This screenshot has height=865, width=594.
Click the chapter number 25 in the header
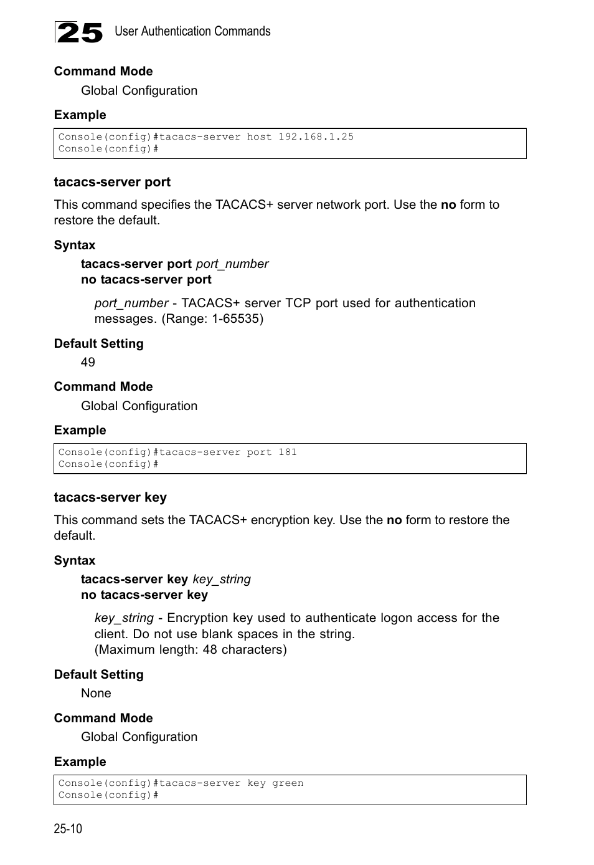click(79, 32)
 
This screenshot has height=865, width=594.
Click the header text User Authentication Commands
click(192, 31)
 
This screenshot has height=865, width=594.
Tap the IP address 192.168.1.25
click(316, 136)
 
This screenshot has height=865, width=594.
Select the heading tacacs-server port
click(112, 182)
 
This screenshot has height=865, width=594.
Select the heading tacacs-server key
click(110, 497)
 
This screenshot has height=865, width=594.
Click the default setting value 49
click(88, 362)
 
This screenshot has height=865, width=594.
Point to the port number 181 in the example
click(288, 452)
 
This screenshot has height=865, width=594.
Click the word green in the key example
click(288, 783)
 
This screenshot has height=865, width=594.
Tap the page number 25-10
click(68, 828)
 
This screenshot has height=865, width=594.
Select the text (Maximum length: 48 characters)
click(191, 649)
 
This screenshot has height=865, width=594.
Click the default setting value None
click(96, 693)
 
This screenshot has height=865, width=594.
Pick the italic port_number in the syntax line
click(232, 264)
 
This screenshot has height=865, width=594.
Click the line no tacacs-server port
click(146, 279)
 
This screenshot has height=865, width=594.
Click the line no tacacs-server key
click(144, 595)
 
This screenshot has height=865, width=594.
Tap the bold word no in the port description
click(448, 204)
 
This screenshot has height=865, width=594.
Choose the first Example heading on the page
click(80, 115)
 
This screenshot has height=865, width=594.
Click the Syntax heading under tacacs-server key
click(75, 560)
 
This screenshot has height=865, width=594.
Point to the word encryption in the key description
click(281, 520)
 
